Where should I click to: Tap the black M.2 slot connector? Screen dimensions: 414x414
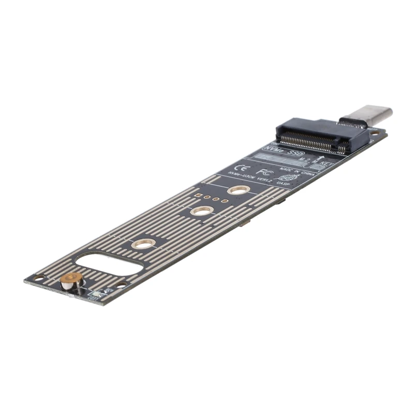321,136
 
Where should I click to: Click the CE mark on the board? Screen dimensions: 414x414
241,168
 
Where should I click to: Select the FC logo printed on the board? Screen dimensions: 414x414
261,170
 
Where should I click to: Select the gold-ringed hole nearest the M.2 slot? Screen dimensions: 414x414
237,190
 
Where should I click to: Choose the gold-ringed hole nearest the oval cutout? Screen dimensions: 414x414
143,243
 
